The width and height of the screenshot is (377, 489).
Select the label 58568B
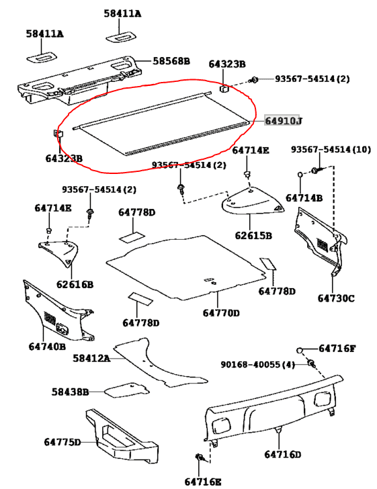pos(171,61)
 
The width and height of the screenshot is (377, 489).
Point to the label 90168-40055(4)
pos(258,365)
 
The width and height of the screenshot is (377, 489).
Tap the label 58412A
pos(91,358)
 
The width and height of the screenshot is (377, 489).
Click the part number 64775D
pos(62,441)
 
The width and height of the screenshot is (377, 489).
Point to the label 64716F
pos(337,348)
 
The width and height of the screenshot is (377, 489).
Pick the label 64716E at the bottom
pos(202,480)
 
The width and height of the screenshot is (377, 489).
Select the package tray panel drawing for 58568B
pos(81,84)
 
